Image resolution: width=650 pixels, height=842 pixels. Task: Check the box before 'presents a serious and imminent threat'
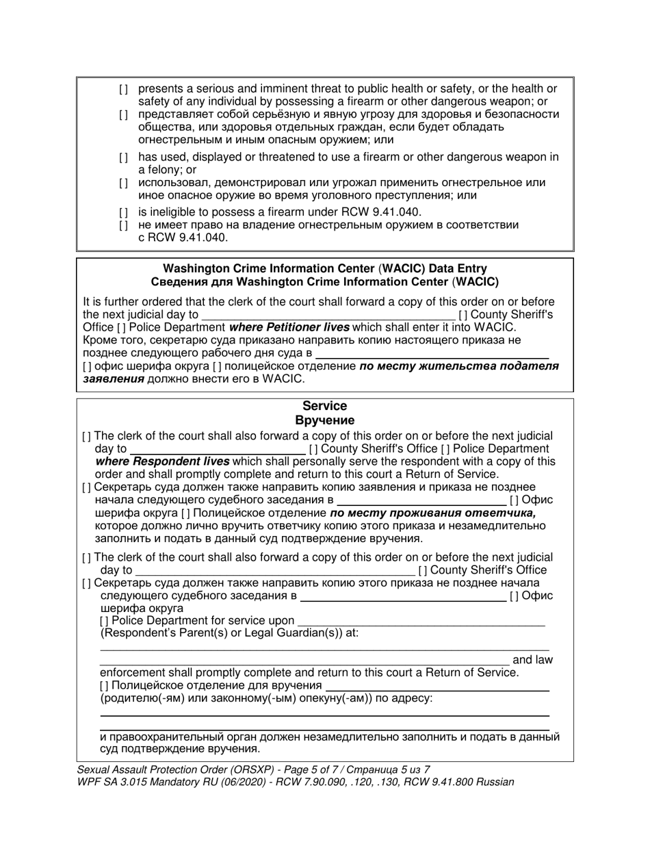pyautogui.click(x=123, y=89)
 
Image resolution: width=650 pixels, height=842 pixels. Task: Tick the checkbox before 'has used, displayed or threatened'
pyautogui.click(x=123, y=157)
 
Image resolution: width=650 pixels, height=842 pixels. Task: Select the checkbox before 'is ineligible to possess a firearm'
pyautogui.click(x=123, y=212)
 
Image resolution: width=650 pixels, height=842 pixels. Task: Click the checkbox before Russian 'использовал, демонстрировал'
pyautogui.click(x=123, y=183)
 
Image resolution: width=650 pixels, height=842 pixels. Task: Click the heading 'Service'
pyautogui.click(x=325, y=406)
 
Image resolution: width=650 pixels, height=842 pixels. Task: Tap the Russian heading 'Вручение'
pyautogui.click(x=325, y=420)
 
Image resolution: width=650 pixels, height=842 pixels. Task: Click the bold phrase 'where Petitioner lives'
pyautogui.click(x=289, y=327)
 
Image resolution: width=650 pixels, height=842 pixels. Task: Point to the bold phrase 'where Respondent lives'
pyautogui.click(x=162, y=461)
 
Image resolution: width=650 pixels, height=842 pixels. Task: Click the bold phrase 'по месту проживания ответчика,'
pyautogui.click(x=432, y=513)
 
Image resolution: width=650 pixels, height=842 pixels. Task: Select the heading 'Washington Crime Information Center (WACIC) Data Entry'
pyautogui.click(x=325, y=269)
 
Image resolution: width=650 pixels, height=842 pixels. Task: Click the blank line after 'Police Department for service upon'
pyautogui.click(x=421, y=621)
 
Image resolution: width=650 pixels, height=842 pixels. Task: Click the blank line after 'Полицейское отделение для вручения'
pyautogui.click(x=437, y=685)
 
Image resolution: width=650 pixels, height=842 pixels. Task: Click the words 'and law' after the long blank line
pyautogui.click(x=532, y=660)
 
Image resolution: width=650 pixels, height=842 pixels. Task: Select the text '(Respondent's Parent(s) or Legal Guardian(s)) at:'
pyautogui.click(x=229, y=633)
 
